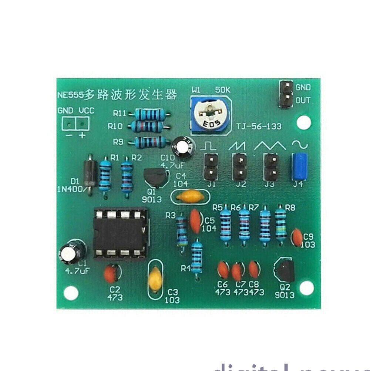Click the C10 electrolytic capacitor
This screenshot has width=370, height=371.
pyautogui.click(x=184, y=146)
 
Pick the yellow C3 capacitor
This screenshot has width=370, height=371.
pyautogui.click(x=155, y=279)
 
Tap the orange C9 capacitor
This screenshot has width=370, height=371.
pyautogui.click(x=297, y=237)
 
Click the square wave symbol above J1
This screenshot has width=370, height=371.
pyautogui.click(x=208, y=146)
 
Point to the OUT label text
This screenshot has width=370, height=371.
pyautogui.click(x=303, y=100)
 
